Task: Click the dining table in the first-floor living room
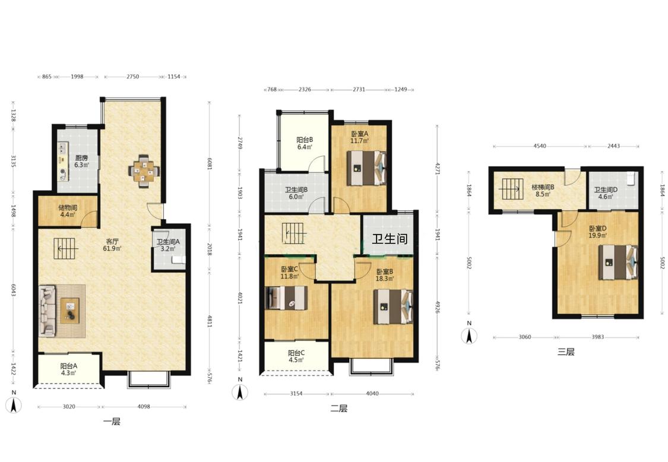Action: point(144,170)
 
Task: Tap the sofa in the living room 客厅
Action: point(48,311)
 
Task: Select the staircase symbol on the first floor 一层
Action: point(65,248)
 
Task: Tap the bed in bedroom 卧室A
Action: point(366,168)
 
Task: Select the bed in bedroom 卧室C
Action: point(286,298)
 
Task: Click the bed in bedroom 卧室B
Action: point(393,307)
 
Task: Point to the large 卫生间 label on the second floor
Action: point(390,239)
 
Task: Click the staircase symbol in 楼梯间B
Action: point(512,189)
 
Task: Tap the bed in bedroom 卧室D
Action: point(618,262)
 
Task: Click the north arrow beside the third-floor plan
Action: point(469,334)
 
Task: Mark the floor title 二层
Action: point(339,409)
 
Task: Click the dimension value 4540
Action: point(539,146)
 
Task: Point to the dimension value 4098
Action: point(144,407)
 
